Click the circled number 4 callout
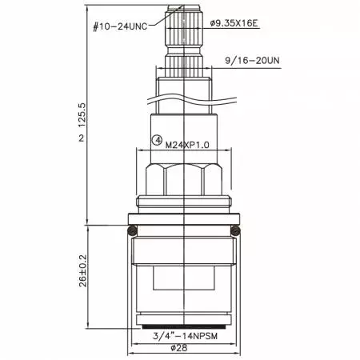pyautogui.click(x=158, y=138)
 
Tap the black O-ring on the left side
pyautogui.click(x=132, y=231)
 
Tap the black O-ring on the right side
pyautogui.click(x=236, y=231)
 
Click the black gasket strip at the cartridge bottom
pyautogui.click(x=184, y=326)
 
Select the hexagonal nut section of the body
pyautogui.click(x=184, y=180)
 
